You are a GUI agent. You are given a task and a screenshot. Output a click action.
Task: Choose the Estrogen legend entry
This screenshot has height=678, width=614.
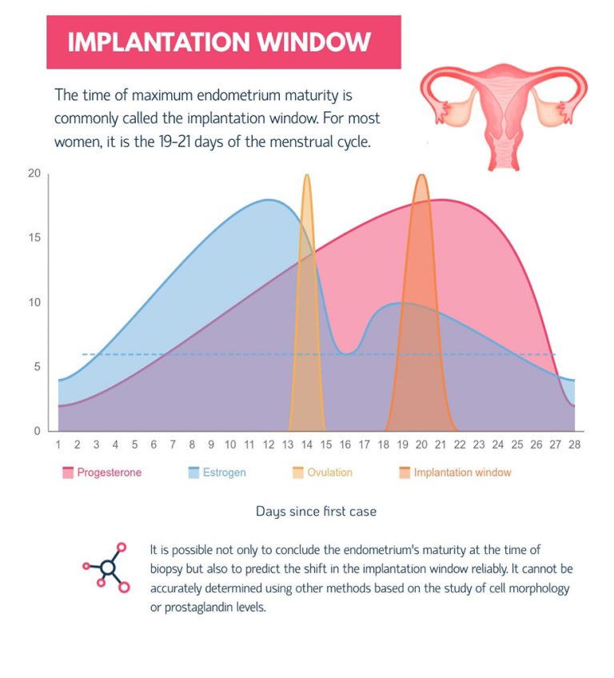pos(217,473)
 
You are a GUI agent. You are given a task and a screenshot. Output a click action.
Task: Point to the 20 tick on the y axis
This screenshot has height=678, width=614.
pos(34,173)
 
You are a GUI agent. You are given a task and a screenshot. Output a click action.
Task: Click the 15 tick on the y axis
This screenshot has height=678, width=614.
pos(34,238)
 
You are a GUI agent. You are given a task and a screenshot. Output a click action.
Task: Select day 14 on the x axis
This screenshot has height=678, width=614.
pos(307,445)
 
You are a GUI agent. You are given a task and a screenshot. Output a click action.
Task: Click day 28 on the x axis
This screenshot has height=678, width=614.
pos(574,445)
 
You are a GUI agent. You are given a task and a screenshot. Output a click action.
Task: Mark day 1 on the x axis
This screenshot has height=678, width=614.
pos(58,445)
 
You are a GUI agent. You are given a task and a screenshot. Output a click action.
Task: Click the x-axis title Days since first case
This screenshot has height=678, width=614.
pos(315,511)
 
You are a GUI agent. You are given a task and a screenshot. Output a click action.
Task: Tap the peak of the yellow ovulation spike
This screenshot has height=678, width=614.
pos(307,176)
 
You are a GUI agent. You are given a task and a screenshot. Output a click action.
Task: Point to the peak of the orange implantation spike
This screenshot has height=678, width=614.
pos(421,176)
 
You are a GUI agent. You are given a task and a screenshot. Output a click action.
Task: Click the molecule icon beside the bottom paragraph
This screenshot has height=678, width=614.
pos(106,568)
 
